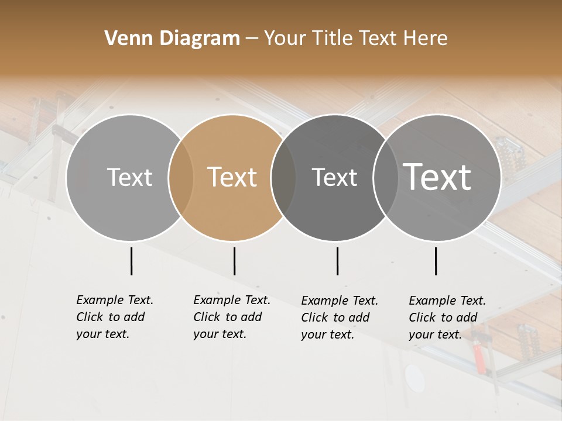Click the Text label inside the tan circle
[x=232, y=177]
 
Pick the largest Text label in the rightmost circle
[x=437, y=177]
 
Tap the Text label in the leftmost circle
[x=129, y=177]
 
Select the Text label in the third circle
[x=334, y=177]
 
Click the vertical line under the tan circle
[x=234, y=261]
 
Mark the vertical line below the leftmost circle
[x=131, y=261]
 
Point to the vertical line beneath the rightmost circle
[x=436, y=261]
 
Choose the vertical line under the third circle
[x=337, y=261]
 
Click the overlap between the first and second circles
[x=181, y=178]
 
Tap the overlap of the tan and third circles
[x=283, y=178]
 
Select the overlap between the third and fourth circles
[x=385, y=178]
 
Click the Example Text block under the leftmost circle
[x=115, y=317]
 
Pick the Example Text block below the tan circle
[x=232, y=317]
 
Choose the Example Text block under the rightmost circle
[x=447, y=318]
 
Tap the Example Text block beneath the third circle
[x=340, y=318]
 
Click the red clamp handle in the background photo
[x=480, y=359]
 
